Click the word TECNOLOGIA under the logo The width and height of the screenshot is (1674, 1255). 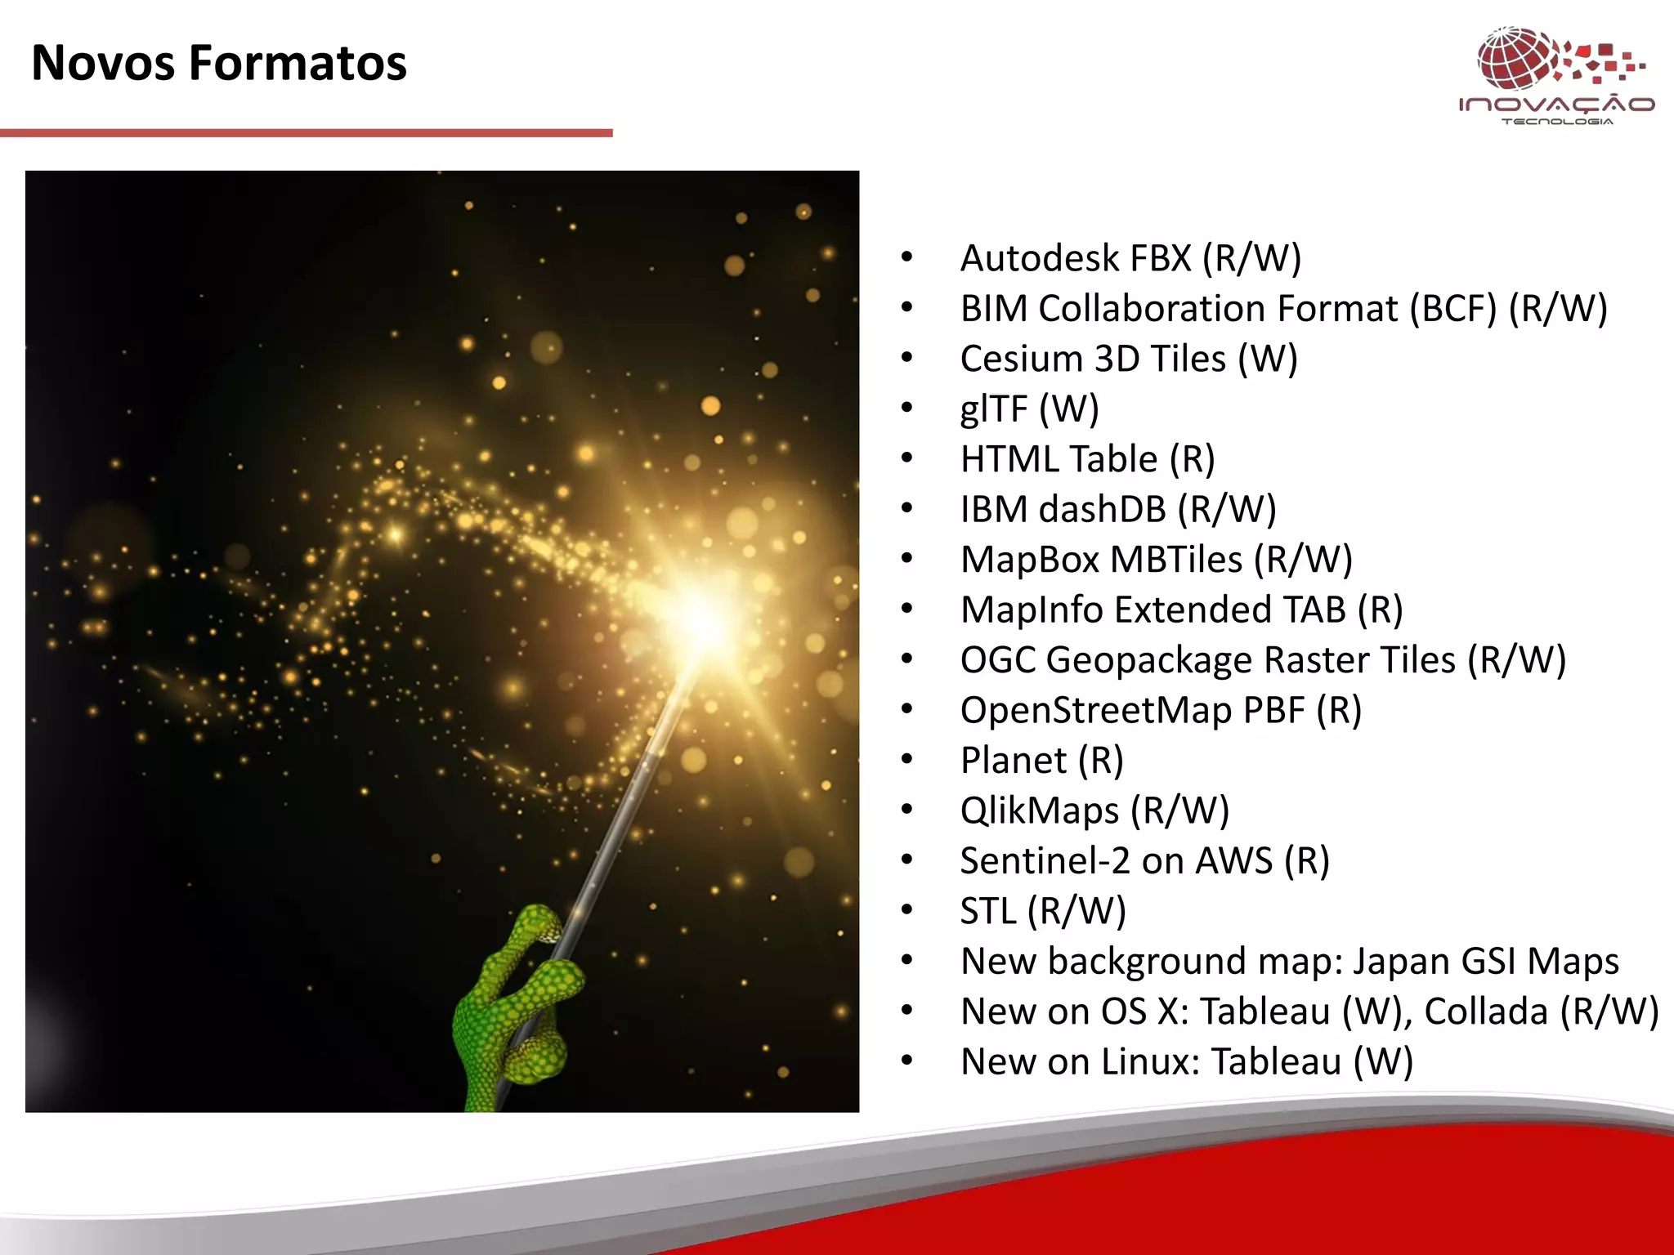[x=1557, y=122]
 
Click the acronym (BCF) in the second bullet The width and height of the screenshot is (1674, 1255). [x=1452, y=309]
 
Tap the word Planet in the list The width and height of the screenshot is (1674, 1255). [x=1013, y=761]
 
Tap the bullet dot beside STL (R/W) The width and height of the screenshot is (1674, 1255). [x=906, y=910]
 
